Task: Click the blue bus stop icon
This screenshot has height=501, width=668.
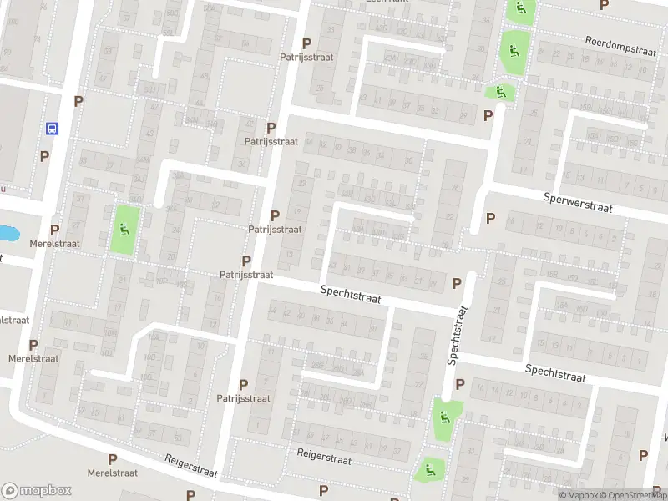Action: pyautogui.click(x=52, y=129)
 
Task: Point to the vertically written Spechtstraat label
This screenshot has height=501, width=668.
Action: pyautogui.click(x=458, y=334)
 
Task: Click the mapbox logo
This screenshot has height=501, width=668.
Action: pyautogui.click(x=37, y=490)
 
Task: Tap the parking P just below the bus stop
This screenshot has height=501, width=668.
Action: pyautogui.click(x=44, y=156)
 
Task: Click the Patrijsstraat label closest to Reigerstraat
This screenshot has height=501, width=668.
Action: pyautogui.click(x=243, y=398)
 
